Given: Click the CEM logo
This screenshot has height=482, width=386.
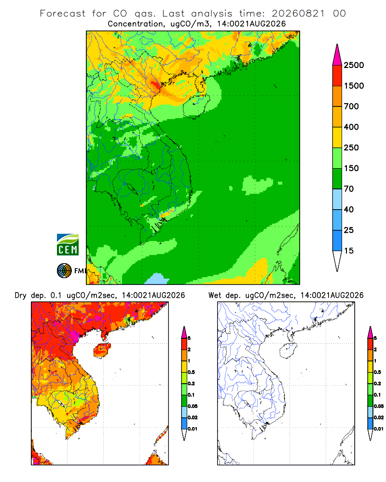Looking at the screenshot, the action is click(68, 245).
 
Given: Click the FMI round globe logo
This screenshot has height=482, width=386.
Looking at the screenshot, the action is click(64, 271).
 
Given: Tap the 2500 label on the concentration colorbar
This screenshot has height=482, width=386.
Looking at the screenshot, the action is click(354, 65).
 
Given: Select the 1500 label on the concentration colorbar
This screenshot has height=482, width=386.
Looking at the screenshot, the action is click(354, 86).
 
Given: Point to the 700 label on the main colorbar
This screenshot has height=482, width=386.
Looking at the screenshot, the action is click(351, 107).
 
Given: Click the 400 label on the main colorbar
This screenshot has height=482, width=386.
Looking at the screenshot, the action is click(351, 127).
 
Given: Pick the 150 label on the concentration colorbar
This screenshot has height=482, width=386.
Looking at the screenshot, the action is click(351, 168).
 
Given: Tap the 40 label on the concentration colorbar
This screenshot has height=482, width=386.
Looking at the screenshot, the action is click(349, 209).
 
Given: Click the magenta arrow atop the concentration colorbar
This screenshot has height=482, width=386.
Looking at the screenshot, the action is click(337, 54).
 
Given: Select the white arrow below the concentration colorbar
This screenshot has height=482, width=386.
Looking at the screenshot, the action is click(337, 261).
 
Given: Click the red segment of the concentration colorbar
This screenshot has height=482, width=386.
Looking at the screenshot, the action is click(337, 76).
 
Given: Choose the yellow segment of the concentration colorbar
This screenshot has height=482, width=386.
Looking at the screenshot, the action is click(337, 137).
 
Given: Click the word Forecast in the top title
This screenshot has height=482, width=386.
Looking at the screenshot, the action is click(63, 13).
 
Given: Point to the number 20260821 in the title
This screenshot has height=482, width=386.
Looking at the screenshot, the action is click(298, 13).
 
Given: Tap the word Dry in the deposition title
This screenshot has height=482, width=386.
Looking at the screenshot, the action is click(21, 295).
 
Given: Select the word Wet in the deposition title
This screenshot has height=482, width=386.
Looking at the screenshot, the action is click(215, 295).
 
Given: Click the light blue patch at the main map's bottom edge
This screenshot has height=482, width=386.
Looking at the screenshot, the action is click(157, 279).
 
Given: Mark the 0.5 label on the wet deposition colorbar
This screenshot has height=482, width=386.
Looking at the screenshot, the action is click(377, 372).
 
